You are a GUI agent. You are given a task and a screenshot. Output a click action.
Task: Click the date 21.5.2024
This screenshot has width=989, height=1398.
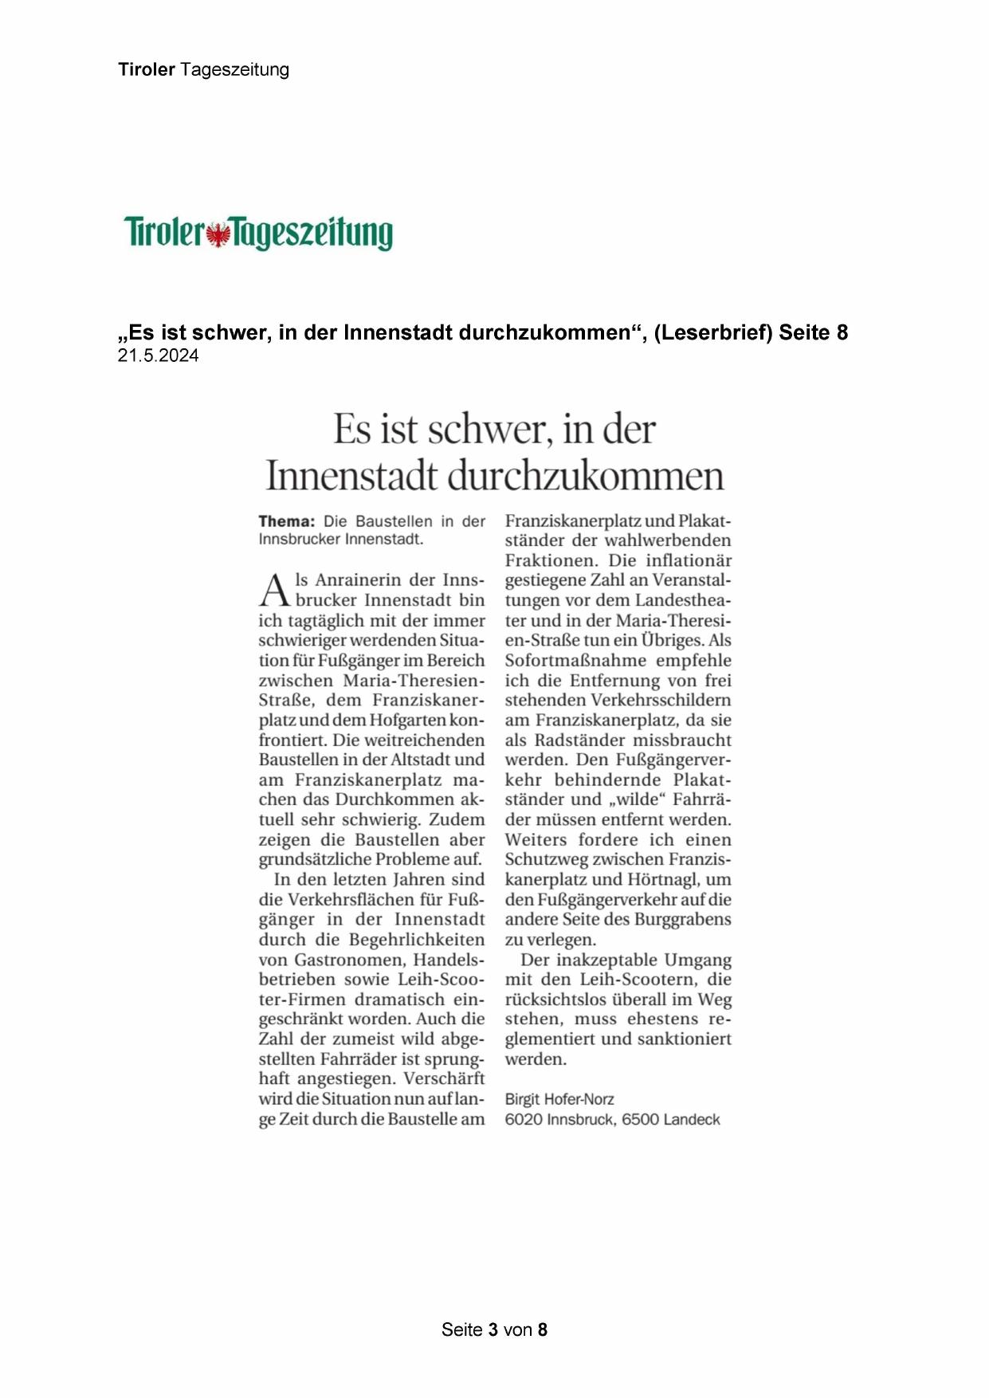point(158,356)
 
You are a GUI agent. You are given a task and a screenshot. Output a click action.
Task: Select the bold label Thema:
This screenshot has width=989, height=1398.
point(286,522)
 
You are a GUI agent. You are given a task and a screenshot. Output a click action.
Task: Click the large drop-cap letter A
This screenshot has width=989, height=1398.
point(273,591)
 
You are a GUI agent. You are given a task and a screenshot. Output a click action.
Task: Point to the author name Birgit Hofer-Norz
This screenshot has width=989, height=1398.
point(559,1099)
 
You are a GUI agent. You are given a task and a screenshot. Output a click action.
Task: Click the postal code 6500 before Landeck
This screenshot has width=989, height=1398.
point(640,1119)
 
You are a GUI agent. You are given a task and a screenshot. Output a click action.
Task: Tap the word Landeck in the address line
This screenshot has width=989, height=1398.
point(692,1119)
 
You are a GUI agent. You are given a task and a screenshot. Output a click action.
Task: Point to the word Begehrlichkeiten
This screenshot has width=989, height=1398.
point(417,939)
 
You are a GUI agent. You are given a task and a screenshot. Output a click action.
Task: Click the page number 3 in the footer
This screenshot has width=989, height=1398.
point(493,1329)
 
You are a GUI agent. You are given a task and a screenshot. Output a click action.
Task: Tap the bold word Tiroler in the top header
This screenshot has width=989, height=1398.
point(147,69)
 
